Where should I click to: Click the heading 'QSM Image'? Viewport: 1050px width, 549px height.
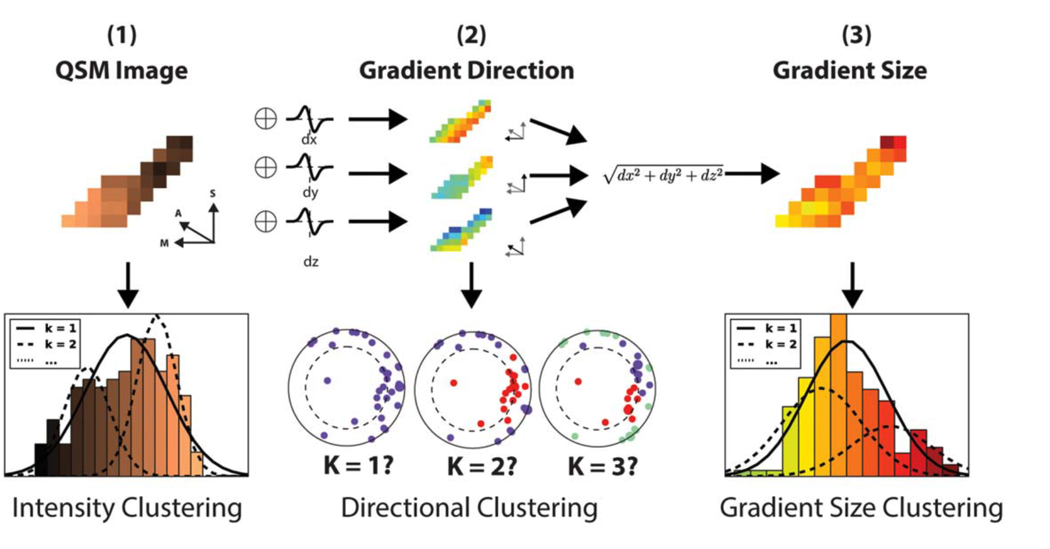pos(122,70)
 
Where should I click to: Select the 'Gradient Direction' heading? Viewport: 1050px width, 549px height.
pos(466,70)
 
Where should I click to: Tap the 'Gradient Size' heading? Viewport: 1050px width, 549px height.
pos(849,70)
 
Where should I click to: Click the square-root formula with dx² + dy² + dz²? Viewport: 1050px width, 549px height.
pos(663,174)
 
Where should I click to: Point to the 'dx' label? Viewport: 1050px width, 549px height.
pos(309,140)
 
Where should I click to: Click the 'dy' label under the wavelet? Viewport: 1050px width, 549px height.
pos(310,192)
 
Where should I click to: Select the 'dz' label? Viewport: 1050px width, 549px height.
pos(311,262)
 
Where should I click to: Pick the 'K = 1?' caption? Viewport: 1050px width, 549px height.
pos(358,466)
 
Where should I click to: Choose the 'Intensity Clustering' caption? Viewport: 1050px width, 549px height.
pos(127,508)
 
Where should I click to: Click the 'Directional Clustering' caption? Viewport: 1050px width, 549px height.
pos(469,508)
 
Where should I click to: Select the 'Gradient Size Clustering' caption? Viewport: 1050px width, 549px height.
pos(861,508)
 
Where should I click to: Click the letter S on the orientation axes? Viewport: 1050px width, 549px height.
pos(213,193)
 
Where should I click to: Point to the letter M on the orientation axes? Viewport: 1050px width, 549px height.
pos(165,243)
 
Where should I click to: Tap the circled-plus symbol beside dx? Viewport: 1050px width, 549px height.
pos(266,119)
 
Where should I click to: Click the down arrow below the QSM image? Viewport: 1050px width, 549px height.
pos(128,284)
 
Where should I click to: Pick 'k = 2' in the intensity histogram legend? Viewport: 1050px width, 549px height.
pos(60,344)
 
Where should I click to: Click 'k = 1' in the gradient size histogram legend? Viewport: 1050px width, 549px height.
pos(781,329)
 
